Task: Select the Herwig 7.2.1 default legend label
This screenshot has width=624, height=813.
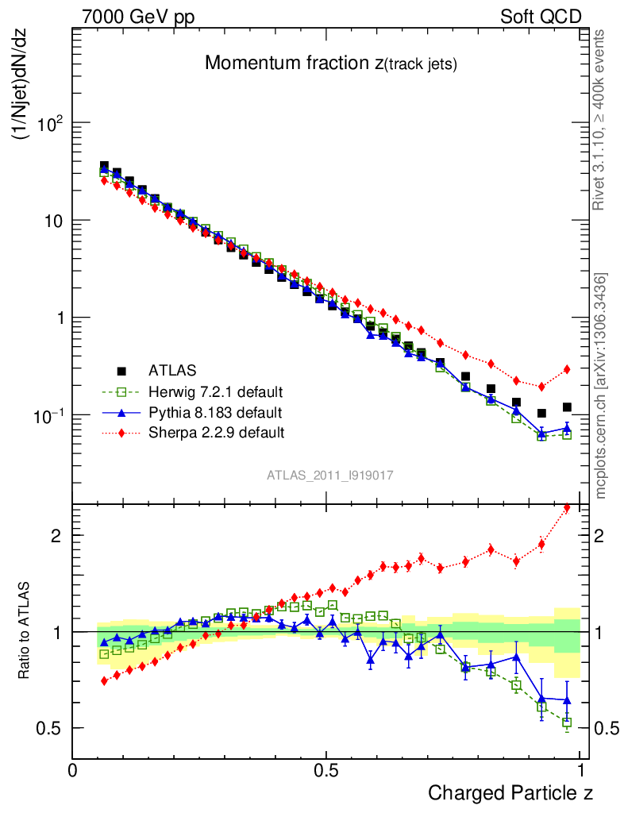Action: tap(216, 391)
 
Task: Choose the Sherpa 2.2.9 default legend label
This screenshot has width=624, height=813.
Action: tap(216, 433)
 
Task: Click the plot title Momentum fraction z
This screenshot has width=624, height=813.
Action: tap(330, 64)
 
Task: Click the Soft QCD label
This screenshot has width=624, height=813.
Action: tap(541, 17)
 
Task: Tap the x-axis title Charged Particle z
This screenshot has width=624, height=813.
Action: tap(510, 792)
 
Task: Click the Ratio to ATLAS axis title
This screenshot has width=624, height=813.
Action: tap(25, 632)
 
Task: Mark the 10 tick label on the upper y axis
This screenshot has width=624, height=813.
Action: tap(52, 220)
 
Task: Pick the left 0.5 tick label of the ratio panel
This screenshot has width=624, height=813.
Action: tap(51, 728)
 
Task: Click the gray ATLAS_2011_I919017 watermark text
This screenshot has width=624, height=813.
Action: tap(330, 475)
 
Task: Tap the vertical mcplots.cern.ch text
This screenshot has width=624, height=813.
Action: tap(601, 385)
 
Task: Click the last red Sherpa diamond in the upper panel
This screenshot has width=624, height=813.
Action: tap(567, 369)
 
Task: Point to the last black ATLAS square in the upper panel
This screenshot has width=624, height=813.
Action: tap(567, 407)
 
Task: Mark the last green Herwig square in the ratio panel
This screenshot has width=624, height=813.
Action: tap(567, 722)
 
